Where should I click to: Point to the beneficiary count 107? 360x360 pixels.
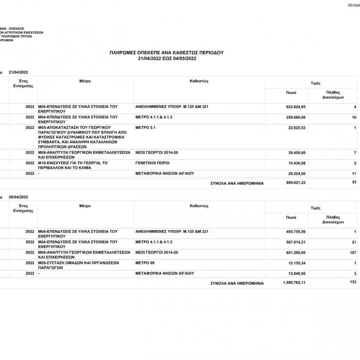[x=352, y=252]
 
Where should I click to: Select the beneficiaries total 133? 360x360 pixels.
[x=353, y=282]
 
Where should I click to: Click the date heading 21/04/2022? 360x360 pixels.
[x=19, y=72]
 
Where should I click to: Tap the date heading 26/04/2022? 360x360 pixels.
[x=19, y=197]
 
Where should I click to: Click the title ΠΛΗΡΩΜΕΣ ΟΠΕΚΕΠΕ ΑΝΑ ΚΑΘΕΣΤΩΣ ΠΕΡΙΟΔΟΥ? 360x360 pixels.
[x=167, y=52]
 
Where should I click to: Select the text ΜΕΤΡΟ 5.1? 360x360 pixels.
[x=146, y=127]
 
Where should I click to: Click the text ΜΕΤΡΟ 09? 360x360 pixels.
[x=145, y=263]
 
